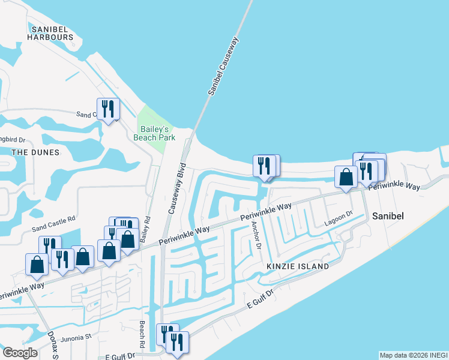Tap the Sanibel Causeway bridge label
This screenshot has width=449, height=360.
pyautogui.click(x=223, y=66)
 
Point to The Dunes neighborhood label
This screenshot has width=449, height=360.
pyautogui.click(x=36, y=152)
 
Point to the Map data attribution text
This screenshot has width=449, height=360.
pyautogui.click(x=413, y=355)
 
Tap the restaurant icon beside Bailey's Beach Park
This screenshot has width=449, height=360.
pyautogui.click(x=108, y=109)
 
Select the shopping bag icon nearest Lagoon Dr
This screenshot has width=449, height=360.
pyautogui.click(x=346, y=177)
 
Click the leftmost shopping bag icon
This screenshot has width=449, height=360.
pyautogui.click(x=37, y=264)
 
